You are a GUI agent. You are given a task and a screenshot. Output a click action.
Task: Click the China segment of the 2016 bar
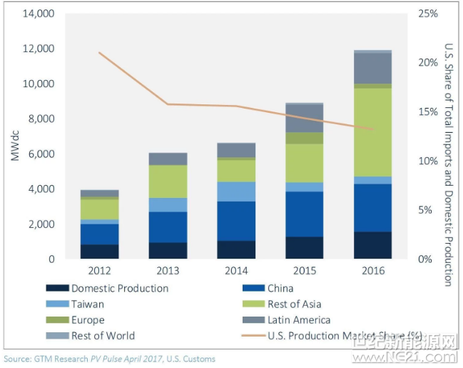point(372,208)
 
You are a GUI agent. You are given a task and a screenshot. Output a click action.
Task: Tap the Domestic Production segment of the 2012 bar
point(99,252)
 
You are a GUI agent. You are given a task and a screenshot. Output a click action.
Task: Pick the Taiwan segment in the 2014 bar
point(235,192)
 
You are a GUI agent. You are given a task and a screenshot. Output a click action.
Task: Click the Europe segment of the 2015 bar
point(304,138)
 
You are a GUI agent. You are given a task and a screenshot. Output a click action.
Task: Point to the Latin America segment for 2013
point(168,159)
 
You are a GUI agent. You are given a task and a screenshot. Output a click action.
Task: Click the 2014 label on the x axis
point(235,271)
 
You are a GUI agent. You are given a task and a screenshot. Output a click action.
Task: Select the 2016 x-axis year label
point(372,271)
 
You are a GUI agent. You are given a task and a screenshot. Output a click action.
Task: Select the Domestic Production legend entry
point(119,288)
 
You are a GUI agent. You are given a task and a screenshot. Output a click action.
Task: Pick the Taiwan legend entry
point(88,304)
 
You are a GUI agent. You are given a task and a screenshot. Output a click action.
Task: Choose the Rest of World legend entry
point(102,335)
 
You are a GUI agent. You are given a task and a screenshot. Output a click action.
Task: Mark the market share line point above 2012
point(99,52)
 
